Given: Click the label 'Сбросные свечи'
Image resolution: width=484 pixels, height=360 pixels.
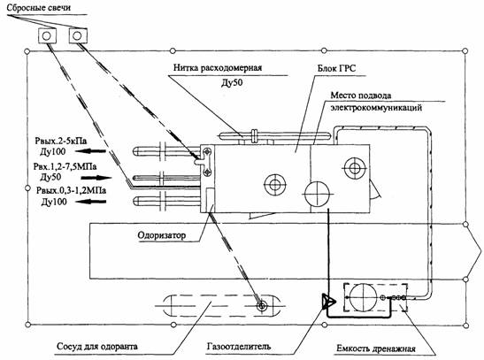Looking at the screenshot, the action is click(x=39, y=7).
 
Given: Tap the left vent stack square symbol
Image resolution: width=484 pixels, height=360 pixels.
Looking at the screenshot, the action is click(x=47, y=35).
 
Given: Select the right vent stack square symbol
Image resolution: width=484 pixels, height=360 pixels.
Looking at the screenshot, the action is click(x=78, y=35).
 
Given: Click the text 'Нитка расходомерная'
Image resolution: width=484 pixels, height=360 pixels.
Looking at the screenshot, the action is click(x=218, y=67).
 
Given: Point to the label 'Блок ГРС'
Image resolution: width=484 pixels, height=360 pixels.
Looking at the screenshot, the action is click(x=337, y=68).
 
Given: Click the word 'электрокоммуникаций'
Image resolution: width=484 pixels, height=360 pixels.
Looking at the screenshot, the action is click(x=376, y=108).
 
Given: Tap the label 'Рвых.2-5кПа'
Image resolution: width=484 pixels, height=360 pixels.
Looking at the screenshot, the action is click(x=61, y=141).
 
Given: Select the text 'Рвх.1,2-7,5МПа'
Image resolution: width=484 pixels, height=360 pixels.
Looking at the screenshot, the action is click(x=65, y=166).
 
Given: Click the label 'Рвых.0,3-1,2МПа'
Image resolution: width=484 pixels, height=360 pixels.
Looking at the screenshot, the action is click(x=71, y=190).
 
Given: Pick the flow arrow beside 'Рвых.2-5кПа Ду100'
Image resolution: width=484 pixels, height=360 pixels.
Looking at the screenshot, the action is click(x=90, y=151).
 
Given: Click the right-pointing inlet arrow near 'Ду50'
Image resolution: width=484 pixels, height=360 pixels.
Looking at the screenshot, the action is click(x=96, y=178).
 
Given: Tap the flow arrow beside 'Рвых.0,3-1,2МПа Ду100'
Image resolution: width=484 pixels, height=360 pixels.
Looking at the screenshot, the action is click(x=91, y=202).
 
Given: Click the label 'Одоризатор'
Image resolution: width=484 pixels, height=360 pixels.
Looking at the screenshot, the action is click(x=162, y=235).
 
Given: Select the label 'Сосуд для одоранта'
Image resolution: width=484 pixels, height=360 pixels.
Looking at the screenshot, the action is click(x=97, y=346).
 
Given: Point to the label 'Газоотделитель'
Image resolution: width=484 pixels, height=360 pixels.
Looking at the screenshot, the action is click(x=239, y=346).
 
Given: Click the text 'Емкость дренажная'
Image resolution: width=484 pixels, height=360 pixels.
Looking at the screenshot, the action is click(x=376, y=349).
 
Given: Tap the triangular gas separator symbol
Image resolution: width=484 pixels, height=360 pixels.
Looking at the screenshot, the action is click(x=327, y=301).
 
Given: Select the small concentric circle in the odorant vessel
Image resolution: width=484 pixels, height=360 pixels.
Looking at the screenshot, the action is click(x=262, y=306).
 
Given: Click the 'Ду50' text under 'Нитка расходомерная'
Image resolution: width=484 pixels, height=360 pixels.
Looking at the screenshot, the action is click(x=232, y=82).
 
